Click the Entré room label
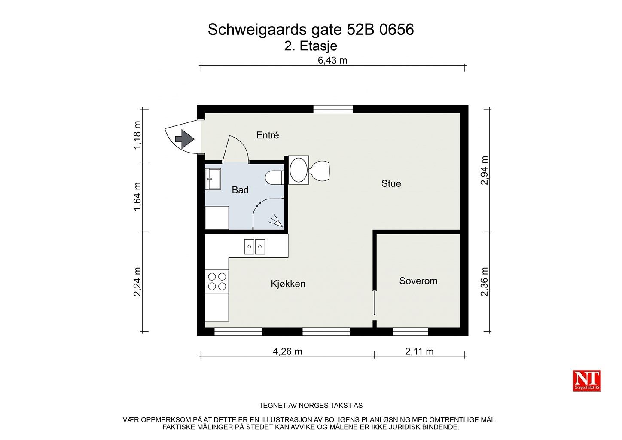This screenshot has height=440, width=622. coord(268,135)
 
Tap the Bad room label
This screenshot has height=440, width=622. coord(240,190)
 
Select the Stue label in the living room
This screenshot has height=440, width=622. coord(391,183)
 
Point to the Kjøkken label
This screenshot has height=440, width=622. coord(288,284)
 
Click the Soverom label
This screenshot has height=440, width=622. coord(418,281)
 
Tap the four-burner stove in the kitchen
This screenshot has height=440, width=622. coord(217,281)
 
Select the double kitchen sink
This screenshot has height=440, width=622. coord(254,247)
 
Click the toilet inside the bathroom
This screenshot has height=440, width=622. coord(274,177)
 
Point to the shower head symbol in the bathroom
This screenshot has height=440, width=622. coord(276,221)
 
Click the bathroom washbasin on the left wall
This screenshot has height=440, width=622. coord(213,179)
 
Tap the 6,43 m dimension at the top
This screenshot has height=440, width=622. coord(332,60)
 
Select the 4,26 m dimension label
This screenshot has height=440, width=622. coord(287,351)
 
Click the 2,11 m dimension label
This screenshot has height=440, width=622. coord(419,351)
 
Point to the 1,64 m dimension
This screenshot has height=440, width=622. coord(137,197)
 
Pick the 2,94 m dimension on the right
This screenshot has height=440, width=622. coord(484,170)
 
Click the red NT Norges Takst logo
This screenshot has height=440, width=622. coord(586,381)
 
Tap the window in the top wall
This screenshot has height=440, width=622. coord(333,109)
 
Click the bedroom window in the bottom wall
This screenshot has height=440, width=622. coord(410,332)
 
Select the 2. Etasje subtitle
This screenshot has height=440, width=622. coord(311,46)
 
